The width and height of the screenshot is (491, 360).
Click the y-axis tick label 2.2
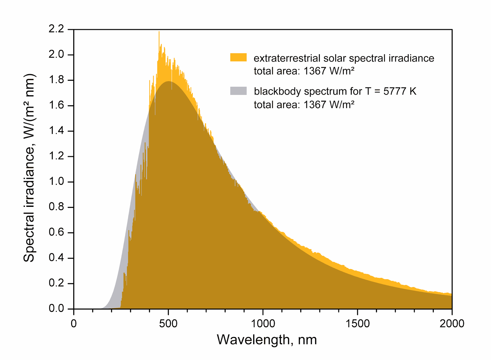pyautogui.click(x=56, y=29)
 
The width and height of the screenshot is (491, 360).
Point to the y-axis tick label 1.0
pyautogui.click(x=56, y=181)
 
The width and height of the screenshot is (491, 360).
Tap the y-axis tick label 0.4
pyautogui.click(x=56, y=257)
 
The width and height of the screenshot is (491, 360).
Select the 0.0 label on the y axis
pyautogui.click(x=56, y=308)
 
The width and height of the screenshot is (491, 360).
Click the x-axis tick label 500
pyautogui.click(x=168, y=323)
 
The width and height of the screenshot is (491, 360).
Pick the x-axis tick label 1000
pyautogui.click(x=263, y=323)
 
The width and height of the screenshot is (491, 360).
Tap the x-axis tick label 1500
pyautogui.click(x=358, y=323)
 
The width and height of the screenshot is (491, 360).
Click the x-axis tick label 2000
pyautogui.click(x=452, y=323)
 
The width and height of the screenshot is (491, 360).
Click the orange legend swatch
pyautogui.click(x=238, y=57)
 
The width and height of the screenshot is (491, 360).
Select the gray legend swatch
pyautogui.click(x=238, y=91)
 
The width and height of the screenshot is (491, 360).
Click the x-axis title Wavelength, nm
pyautogui.click(x=267, y=340)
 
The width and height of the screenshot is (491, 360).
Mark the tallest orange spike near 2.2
pyautogui.click(x=159, y=32)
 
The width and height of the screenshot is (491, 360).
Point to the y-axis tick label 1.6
pyautogui.click(x=56, y=105)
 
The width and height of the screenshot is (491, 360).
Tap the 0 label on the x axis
pyautogui.click(x=74, y=323)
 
